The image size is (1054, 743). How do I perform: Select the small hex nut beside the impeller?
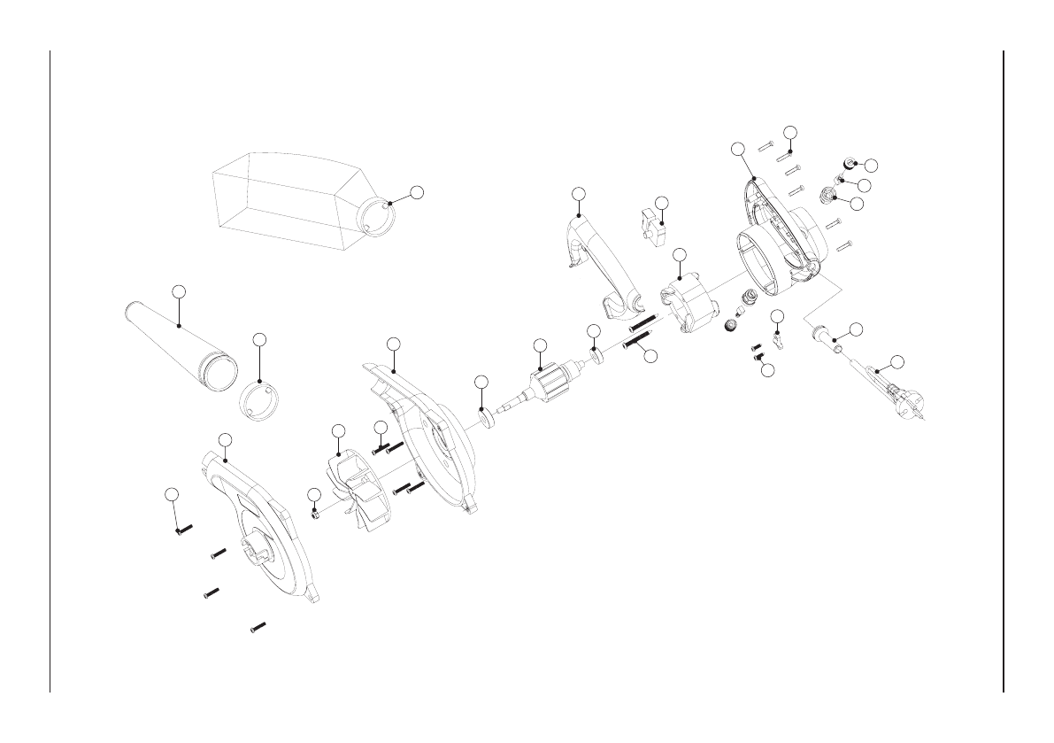coord(314,512)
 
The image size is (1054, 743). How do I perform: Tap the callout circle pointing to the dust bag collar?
coord(418,192)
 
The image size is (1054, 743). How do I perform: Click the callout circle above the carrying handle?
coord(579,193)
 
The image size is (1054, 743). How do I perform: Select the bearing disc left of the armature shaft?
coord(486,415)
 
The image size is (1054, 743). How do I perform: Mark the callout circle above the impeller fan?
coord(337,430)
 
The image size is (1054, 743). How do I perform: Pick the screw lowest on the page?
coord(258,628)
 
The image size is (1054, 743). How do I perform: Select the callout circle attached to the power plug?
coord(896,360)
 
